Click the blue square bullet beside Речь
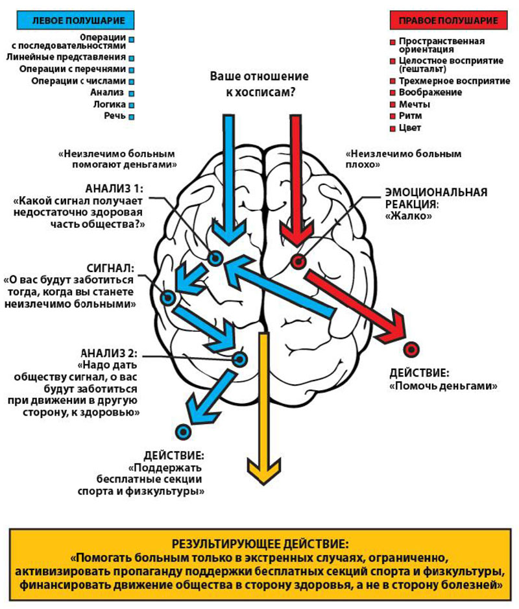coord(132,117)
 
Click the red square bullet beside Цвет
coord(392,128)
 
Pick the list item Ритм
coord(410,116)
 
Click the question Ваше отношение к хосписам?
coord(259,84)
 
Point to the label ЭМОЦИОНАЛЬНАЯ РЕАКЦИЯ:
coord(435,198)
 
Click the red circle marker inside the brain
coord(298,262)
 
